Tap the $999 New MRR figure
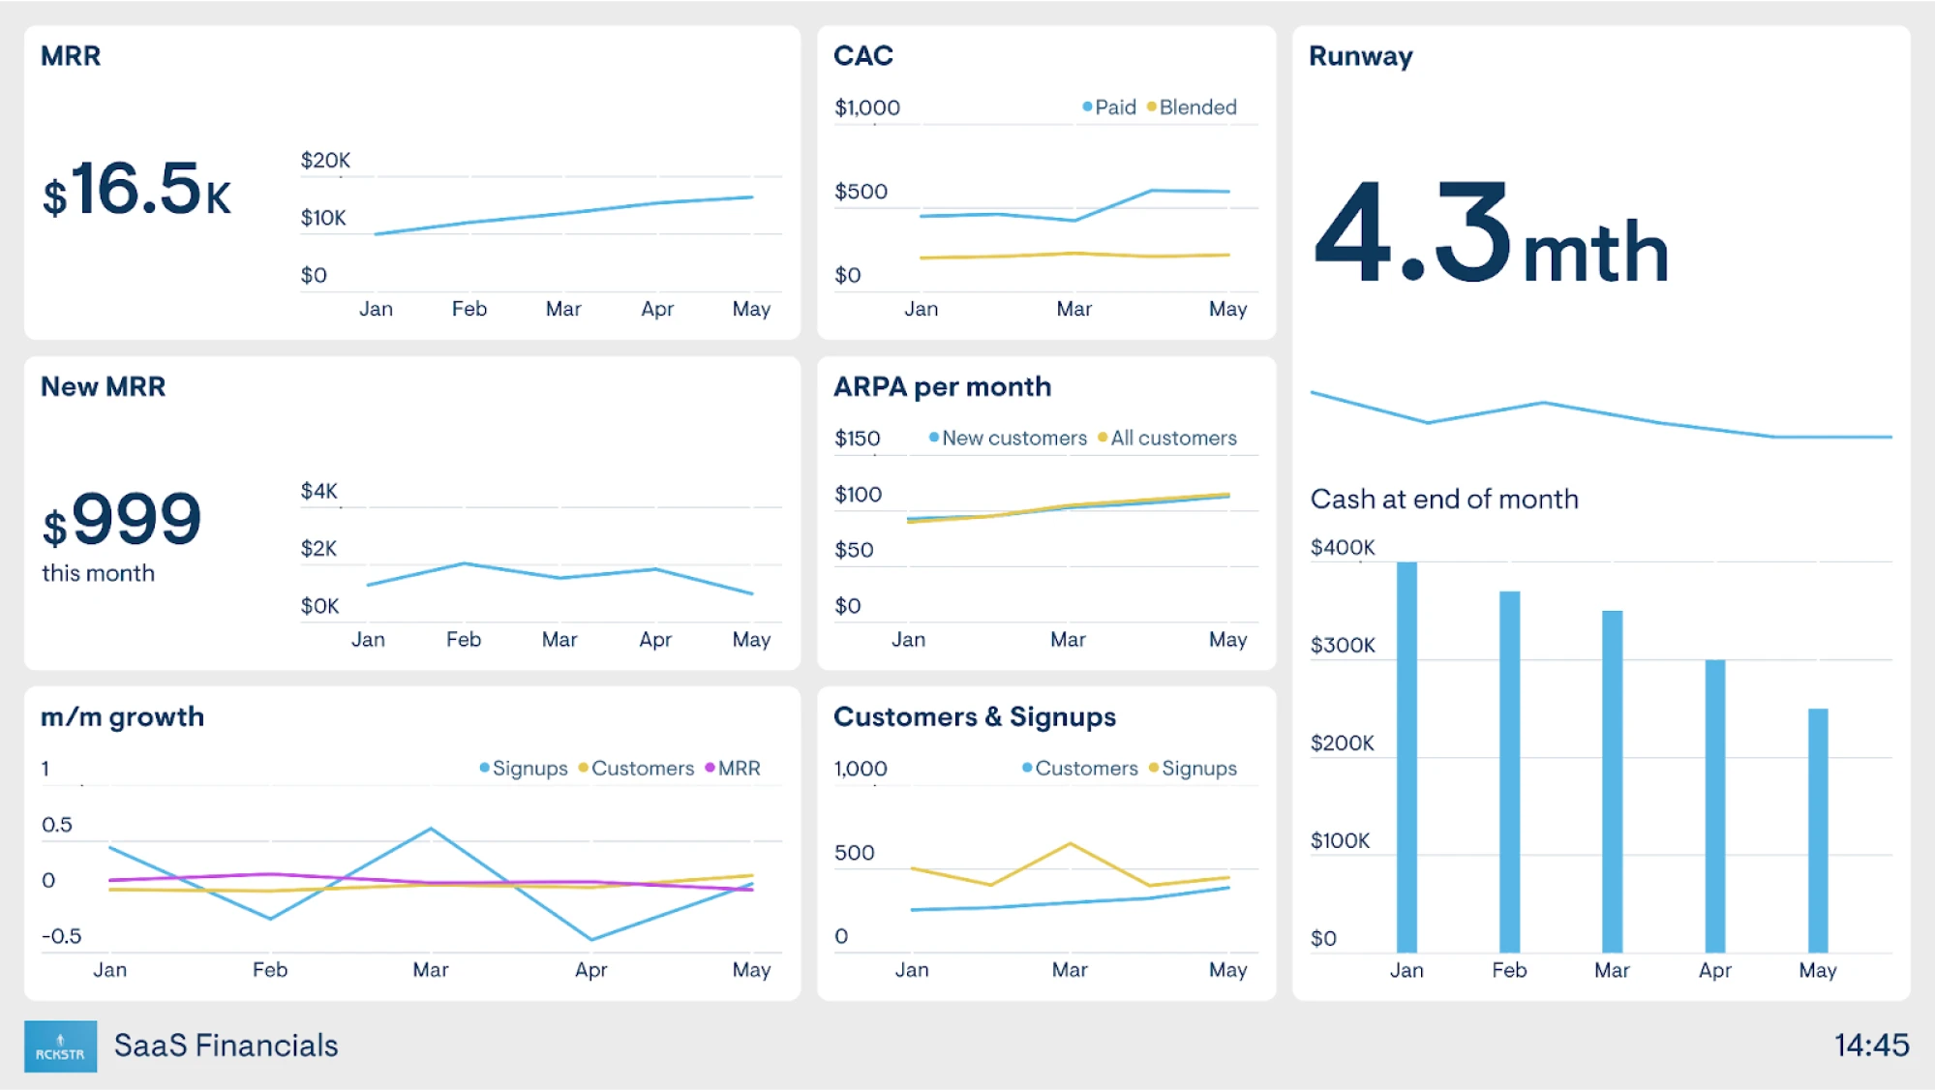123,520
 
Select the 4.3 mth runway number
1490,235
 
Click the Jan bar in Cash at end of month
1406,756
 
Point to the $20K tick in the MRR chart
325,160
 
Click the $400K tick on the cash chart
1342,547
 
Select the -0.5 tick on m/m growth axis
61,936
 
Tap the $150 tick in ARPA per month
857,439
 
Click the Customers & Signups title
974,716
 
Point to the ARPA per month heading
942,386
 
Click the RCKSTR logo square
60,1046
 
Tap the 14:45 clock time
1870,1045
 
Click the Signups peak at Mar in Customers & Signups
1070,844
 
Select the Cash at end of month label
1443,499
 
